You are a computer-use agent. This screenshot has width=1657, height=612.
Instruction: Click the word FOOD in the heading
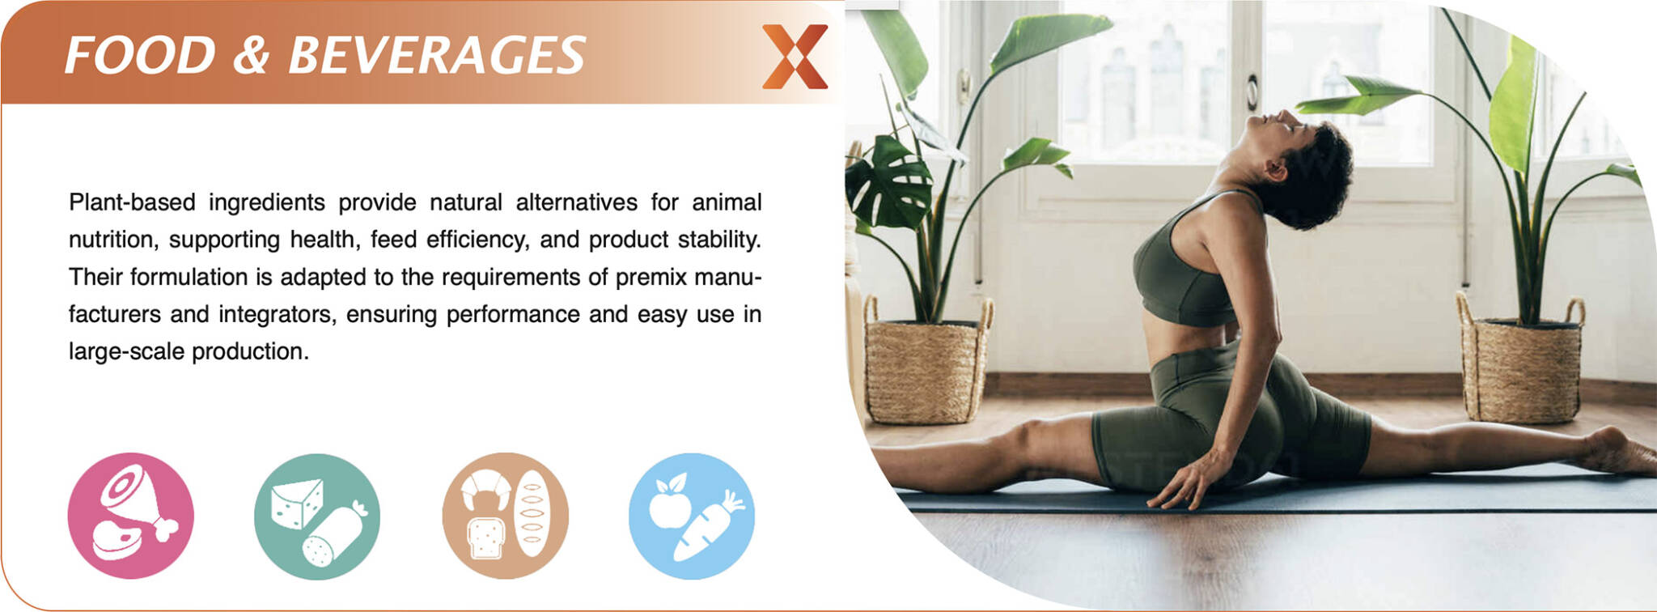(140, 55)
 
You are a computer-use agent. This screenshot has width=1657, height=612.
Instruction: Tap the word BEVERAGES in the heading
(437, 55)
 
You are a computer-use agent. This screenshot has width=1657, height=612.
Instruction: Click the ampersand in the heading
(252, 55)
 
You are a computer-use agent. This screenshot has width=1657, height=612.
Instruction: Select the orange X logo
(795, 56)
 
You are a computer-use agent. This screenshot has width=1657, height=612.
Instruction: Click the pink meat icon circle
(131, 516)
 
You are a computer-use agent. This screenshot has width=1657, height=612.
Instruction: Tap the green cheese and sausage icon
(317, 516)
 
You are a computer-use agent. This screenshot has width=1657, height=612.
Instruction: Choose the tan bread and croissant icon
(506, 516)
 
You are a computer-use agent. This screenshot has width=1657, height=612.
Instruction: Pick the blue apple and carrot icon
(692, 516)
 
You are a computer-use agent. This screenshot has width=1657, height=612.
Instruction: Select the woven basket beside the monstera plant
(926, 362)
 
